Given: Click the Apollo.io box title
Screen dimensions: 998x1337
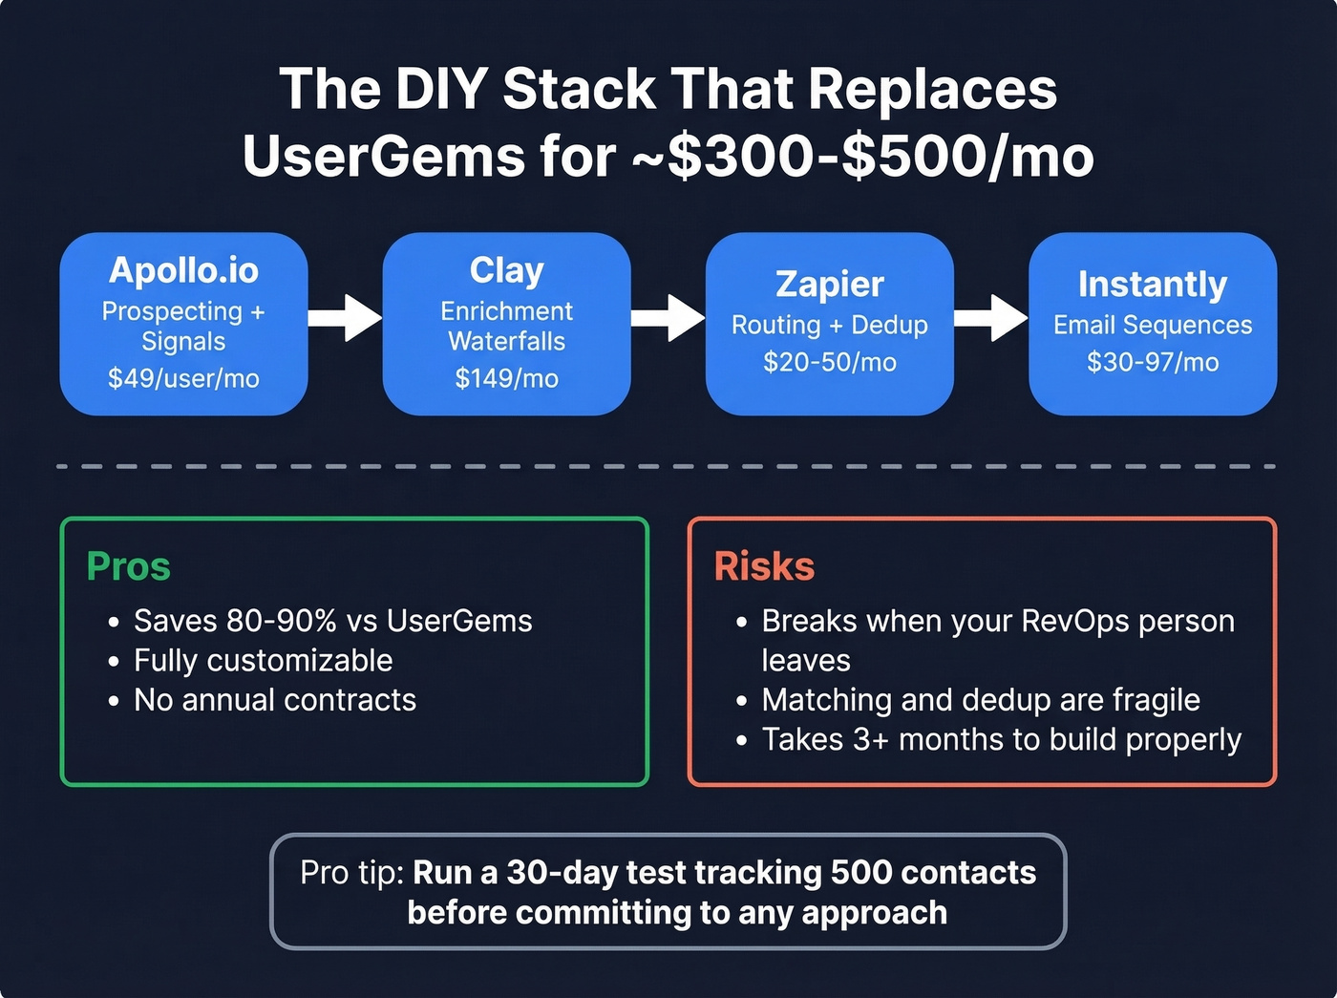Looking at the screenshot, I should [183, 270].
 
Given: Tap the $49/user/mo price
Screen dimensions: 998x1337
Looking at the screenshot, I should [183, 378].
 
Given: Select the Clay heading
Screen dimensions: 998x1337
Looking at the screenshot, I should [506, 270].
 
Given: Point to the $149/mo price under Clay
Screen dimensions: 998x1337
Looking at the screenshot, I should [506, 378].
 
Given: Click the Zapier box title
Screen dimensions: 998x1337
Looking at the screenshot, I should [829, 284].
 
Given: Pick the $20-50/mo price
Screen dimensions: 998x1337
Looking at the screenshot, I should [829, 362].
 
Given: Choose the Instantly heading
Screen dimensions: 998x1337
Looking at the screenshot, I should [1152, 284].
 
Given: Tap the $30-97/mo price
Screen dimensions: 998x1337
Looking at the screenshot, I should [1152, 362].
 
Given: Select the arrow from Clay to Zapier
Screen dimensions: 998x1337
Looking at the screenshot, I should [668, 318].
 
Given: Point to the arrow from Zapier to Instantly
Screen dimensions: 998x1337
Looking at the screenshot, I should [990, 318].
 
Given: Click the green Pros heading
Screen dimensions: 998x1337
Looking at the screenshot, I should [128, 566].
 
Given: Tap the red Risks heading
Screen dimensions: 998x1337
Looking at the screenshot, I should [764, 566].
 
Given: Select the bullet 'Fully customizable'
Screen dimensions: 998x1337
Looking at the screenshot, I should [263, 660].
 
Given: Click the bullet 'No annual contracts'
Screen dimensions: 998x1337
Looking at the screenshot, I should [275, 700].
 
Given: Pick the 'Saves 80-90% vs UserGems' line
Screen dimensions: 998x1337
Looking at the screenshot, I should [332, 621].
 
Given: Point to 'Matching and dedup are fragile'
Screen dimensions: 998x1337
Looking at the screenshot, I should [980, 700].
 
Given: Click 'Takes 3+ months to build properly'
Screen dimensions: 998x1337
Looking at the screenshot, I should [1001, 739].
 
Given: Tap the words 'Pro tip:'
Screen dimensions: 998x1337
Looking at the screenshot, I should [352, 873].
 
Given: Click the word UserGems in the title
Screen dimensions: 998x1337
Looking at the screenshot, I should [383, 157].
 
